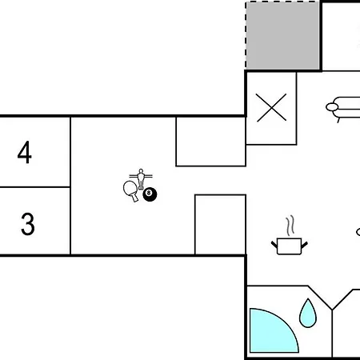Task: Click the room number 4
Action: tap(25, 152)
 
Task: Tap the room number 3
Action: tap(28, 224)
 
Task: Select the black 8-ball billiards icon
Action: tap(150, 194)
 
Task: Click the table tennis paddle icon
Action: tap(131, 191)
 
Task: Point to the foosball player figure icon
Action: tap(141, 179)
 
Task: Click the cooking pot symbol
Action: tap(290, 246)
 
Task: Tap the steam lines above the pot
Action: tap(290, 226)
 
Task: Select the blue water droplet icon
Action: tap(308, 314)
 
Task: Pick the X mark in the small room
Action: tap(271, 107)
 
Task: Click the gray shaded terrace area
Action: tap(282, 35)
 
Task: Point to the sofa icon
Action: tap(343, 108)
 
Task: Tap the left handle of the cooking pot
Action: tap(274, 244)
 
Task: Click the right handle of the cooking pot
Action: tap(304, 245)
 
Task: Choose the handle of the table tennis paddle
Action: tap(134, 198)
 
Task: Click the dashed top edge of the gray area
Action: tap(282, 2)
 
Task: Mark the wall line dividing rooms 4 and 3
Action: tap(35, 187)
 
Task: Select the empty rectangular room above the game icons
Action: tap(210, 142)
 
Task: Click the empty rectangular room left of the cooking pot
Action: tap(220, 225)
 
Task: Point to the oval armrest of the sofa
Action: tap(332, 107)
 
